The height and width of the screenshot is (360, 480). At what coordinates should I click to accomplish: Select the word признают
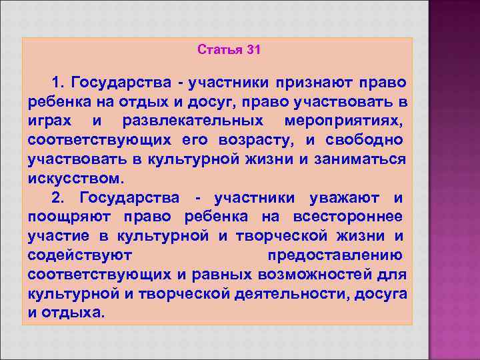[x=314, y=83]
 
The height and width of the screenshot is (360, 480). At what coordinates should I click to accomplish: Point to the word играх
[x=50, y=121]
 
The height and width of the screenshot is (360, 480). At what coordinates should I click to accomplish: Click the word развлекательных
[x=193, y=121]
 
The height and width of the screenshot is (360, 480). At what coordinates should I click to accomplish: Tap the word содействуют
[x=81, y=256]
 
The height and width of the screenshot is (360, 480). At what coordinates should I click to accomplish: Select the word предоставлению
[x=335, y=256]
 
